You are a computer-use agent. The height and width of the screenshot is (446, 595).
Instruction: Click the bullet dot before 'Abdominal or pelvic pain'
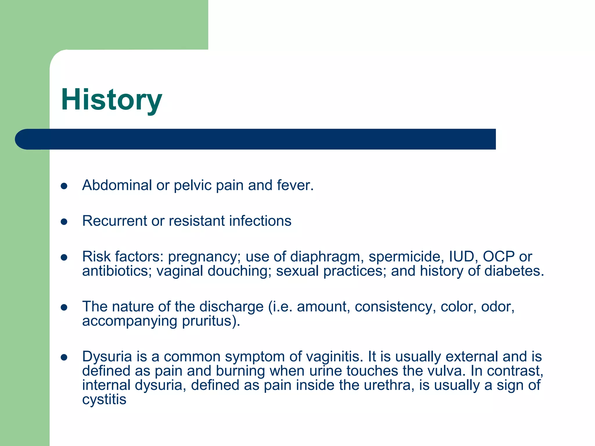point(64,186)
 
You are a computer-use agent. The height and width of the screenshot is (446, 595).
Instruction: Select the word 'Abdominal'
point(117,185)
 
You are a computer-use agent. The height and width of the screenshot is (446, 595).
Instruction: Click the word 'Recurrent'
point(114,221)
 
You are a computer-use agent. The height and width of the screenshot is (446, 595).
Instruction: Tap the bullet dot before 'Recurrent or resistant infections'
point(64,222)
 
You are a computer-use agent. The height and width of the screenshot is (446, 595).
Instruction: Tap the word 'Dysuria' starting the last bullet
point(107,357)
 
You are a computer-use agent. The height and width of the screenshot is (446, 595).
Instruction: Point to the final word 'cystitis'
point(104,400)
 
